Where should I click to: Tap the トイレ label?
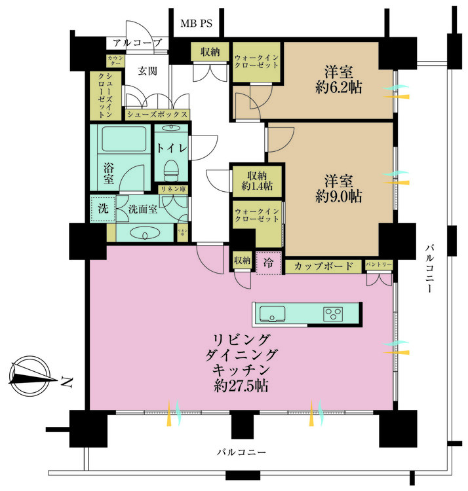[x=172, y=148]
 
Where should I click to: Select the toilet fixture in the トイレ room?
[x=172, y=170]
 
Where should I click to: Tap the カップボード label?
[x=322, y=266]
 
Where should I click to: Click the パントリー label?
[x=379, y=264]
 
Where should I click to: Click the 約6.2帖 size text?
[x=338, y=86]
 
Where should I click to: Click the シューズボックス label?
[x=157, y=115]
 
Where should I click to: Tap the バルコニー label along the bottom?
[x=243, y=452]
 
